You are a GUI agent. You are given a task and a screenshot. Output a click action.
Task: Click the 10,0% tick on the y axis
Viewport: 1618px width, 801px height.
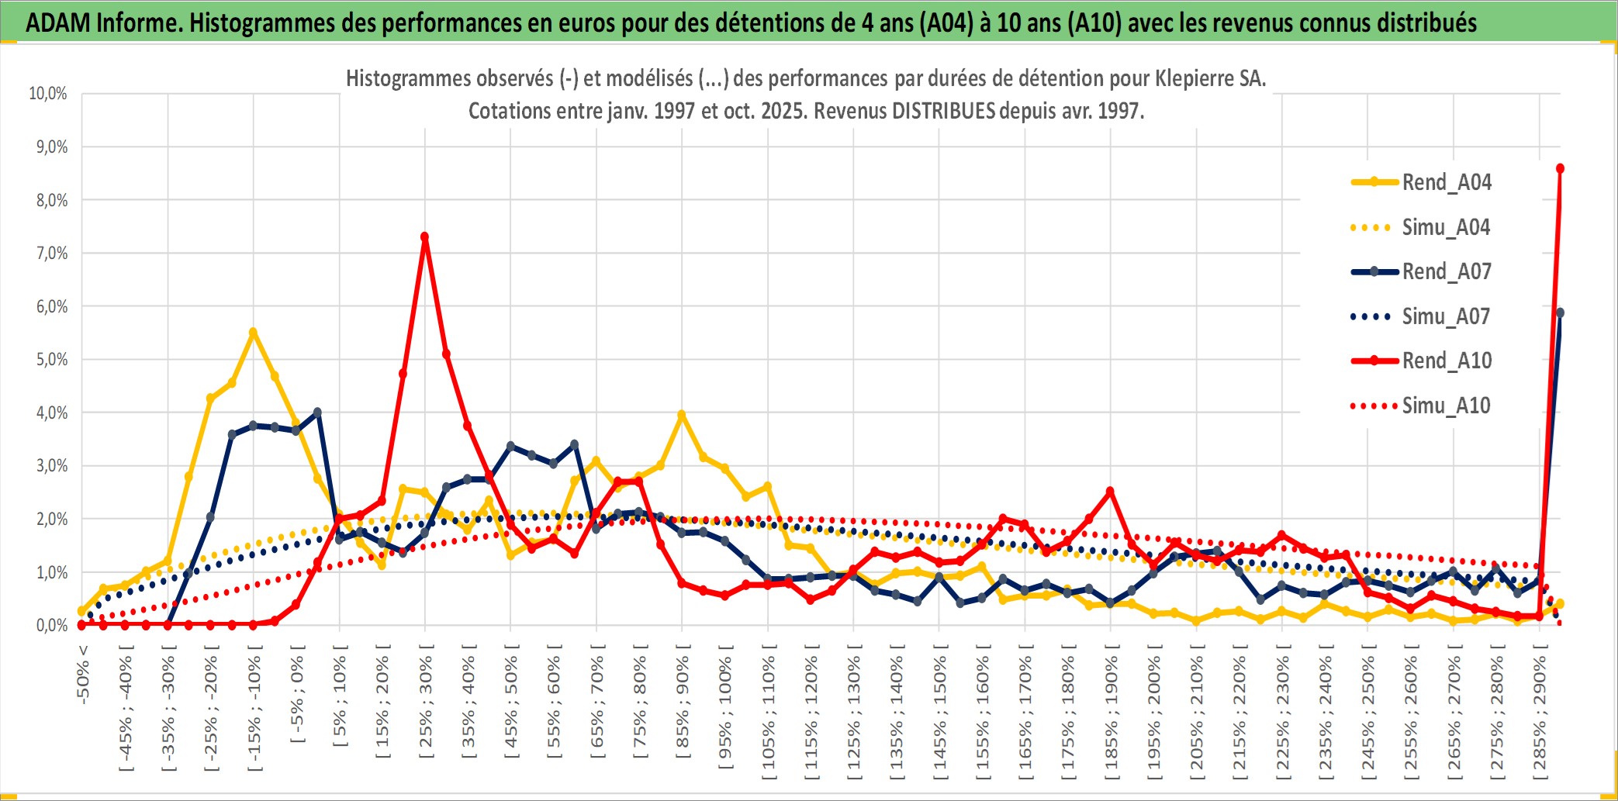pyautogui.click(x=48, y=94)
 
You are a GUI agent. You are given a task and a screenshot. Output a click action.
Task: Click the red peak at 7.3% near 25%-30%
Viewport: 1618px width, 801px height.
pyautogui.click(x=424, y=237)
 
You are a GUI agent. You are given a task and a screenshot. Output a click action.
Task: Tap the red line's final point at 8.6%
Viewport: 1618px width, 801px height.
pyautogui.click(x=1560, y=168)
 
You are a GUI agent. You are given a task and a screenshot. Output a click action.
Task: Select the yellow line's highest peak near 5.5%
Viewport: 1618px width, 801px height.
pyautogui.click(x=253, y=332)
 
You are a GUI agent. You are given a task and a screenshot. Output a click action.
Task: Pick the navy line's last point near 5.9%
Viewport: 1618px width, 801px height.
pyautogui.click(x=1560, y=312)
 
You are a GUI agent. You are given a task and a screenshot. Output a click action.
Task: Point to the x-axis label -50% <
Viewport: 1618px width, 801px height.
pyautogui.click(x=83, y=674)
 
